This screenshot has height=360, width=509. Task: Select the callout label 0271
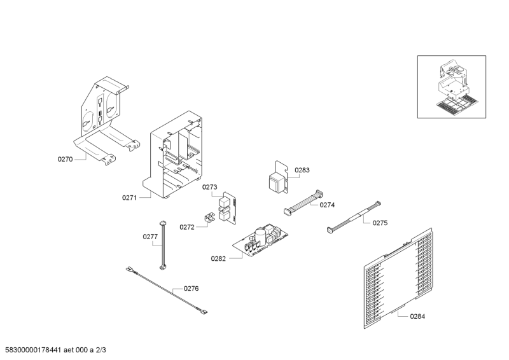click(x=130, y=198)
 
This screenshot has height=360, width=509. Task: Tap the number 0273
click(x=210, y=187)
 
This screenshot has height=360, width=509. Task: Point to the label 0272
click(x=187, y=226)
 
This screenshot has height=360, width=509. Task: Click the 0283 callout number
click(x=302, y=170)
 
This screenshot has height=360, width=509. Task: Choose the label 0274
click(x=327, y=205)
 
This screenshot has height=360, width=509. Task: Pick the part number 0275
click(x=380, y=223)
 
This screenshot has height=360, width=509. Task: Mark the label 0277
click(x=150, y=237)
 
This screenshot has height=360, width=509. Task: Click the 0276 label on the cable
click(x=191, y=288)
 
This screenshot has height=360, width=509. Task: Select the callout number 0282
click(x=219, y=258)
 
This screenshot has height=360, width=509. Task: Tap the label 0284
click(x=417, y=315)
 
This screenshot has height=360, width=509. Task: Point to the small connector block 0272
click(x=207, y=219)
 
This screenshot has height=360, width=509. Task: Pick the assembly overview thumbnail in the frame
click(x=456, y=86)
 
